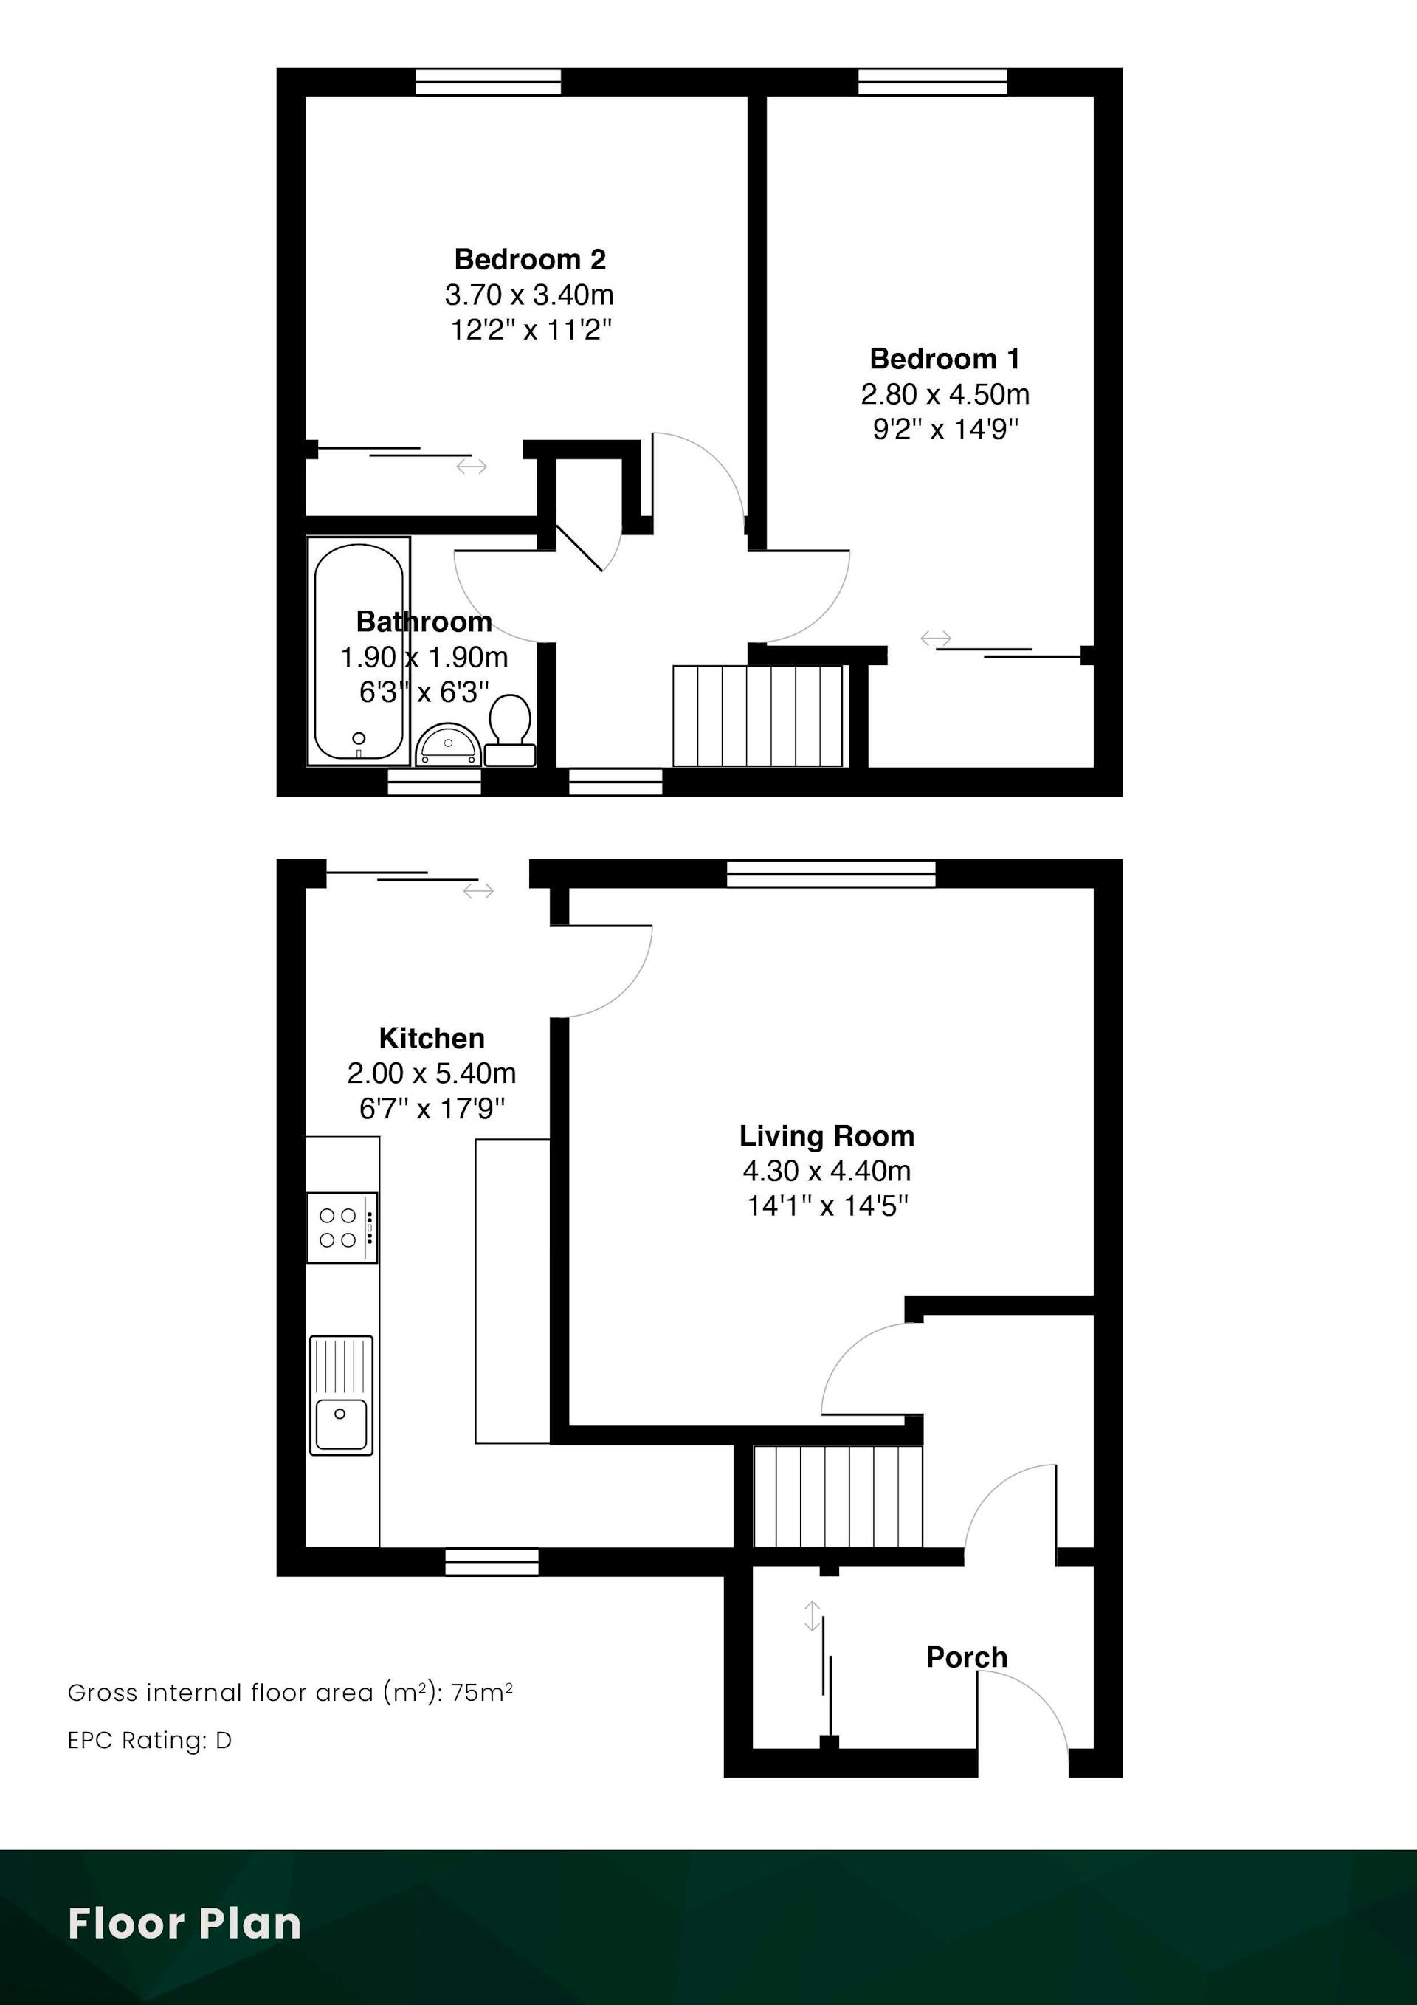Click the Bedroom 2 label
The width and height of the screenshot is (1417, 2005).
pyautogui.click(x=530, y=259)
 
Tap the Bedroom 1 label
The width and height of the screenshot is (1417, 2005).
pyautogui.click(x=945, y=359)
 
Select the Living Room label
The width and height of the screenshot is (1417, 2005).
pyautogui.click(x=827, y=1136)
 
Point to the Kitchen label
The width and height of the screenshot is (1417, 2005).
pyautogui.click(x=431, y=1038)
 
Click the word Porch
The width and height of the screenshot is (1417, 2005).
pyautogui.click(x=967, y=1657)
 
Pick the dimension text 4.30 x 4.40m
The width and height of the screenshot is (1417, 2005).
pyautogui.click(x=827, y=1171)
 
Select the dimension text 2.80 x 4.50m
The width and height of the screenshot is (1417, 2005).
pyautogui.click(x=945, y=395)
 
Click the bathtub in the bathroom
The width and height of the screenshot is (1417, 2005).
pyautogui.click(x=359, y=651)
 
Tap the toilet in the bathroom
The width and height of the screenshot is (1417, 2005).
pyautogui.click(x=510, y=730)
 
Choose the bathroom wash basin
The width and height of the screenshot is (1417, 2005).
pyautogui.click(x=448, y=745)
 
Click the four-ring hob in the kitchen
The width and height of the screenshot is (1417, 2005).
pyautogui.click(x=342, y=1227)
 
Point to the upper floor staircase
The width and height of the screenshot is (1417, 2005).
pyautogui.click(x=758, y=716)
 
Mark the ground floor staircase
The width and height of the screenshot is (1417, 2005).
pyautogui.click(x=838, y=1497)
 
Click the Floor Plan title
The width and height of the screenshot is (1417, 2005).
pyautogui.click(x=185, y=1923)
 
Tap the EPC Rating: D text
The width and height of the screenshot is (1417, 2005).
pyautogui.click(x=149, y=1741)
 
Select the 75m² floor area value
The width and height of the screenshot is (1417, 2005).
pyautogui.click(x=482, y=1693)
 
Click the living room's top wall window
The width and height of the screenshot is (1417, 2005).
pyautogui.click(x=831, y=873)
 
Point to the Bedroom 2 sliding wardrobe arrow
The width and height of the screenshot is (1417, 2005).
pyautogui.click(x=472, y=467)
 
